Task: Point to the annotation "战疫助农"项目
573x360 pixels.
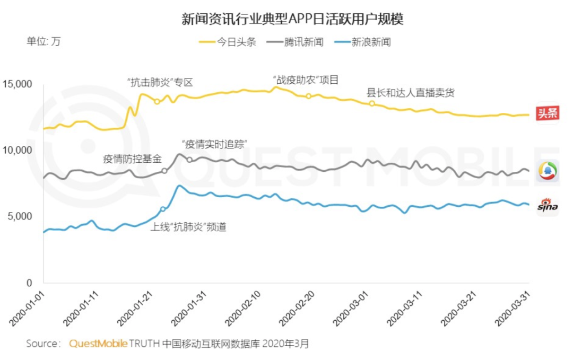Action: point(304,80)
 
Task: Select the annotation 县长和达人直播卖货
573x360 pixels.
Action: point(411,93)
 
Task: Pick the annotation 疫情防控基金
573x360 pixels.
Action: point(132,159)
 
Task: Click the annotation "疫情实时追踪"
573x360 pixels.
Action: point(215,144)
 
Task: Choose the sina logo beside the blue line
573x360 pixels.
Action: point(547,206)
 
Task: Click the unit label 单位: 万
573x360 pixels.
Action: point(44,41)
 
